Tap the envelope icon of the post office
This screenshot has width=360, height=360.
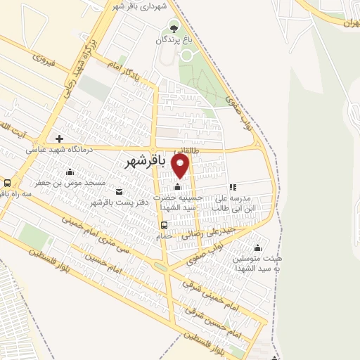[117, 191]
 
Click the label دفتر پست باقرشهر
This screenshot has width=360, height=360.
[116, 203]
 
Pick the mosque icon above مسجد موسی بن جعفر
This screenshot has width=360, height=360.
[70, 172]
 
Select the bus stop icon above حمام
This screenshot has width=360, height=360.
[164, 225]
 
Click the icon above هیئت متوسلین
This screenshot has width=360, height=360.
[257, 247]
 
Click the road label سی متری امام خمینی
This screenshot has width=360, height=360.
[120, 249]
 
